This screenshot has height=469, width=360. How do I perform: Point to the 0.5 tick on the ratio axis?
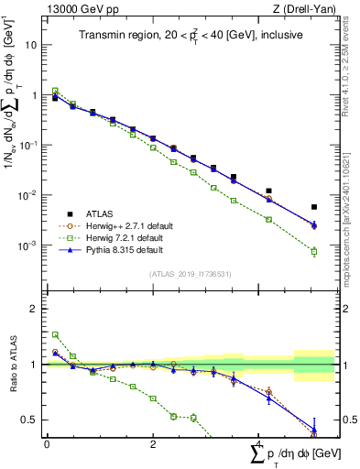[33, 420]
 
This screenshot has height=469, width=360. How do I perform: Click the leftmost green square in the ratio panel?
[55, 335]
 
